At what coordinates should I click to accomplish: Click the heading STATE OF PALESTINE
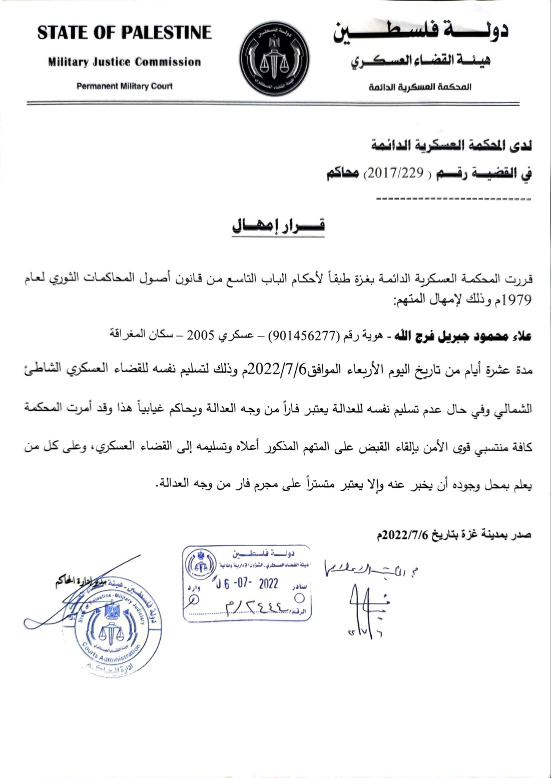point(124,33)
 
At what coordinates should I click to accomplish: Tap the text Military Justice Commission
point(124,62)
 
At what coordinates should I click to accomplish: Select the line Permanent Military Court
point(124,86)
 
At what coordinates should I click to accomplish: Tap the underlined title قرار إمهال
point(279,227)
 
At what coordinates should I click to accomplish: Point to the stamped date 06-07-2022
point(247,583)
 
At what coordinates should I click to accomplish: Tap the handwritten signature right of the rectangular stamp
point(365,604)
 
